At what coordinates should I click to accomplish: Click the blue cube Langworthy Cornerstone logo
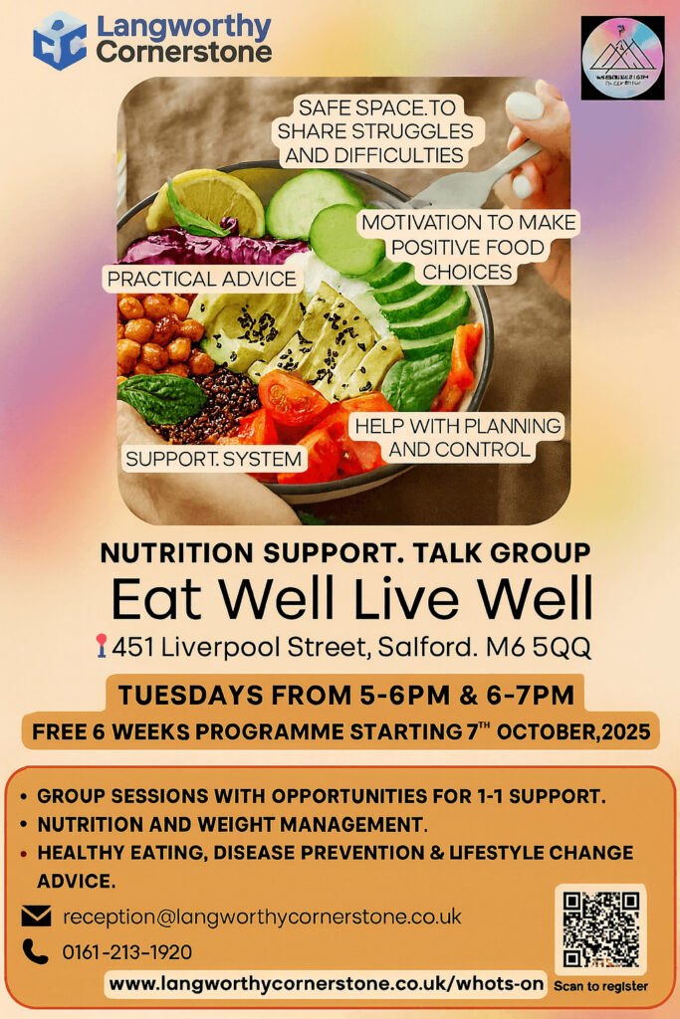[x=60, y=41]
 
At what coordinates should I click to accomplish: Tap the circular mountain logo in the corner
[x=622, y=58]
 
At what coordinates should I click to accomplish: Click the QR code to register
[x=600, y=929]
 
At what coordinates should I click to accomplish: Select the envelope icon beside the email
[x=36, y=917]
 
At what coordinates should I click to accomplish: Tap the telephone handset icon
[x=36, y=952]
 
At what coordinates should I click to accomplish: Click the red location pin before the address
[x=101, y=648]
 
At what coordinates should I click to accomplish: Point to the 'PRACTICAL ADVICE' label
[x=202, y=279]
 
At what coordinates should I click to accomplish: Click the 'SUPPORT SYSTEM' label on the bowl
[x=214, y=459]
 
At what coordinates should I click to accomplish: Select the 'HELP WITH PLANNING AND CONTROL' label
[x=459, y=438]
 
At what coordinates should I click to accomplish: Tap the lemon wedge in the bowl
[x=206, y=200]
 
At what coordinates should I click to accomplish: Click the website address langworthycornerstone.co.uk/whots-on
[x=327, y=984]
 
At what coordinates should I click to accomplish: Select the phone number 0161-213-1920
[x=127, y=952]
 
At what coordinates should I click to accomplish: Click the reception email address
[x=262, y=917]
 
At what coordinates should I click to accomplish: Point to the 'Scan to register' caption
[x=600, y=986]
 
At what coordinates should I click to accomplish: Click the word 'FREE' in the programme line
[x=64, y=733]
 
